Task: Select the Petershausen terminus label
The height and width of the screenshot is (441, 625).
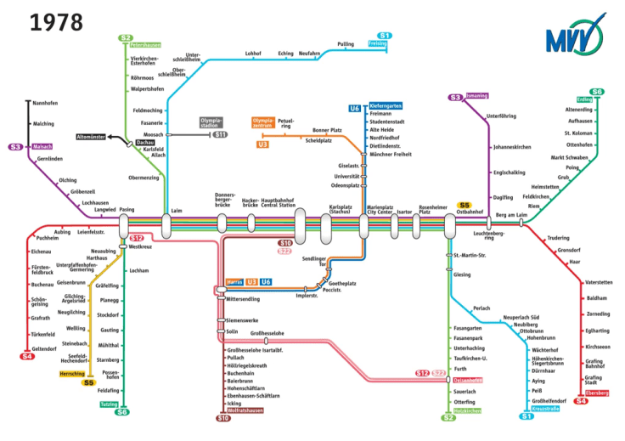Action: click(145, 46)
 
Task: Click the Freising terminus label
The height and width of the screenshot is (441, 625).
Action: click(377, 43)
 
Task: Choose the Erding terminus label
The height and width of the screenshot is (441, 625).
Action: click(584, 99)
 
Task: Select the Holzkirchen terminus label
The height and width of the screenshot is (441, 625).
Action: click(467, 410)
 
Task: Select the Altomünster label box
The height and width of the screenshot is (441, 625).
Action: click(91, 136)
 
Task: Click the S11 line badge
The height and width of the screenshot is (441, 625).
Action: click(220, 134)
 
